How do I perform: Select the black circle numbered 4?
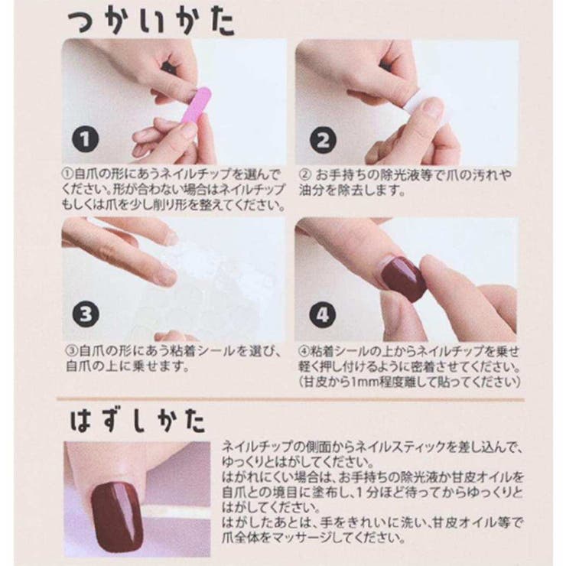(322, 314)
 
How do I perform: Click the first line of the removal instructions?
(371, 447)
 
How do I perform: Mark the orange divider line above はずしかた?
(291, 398)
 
